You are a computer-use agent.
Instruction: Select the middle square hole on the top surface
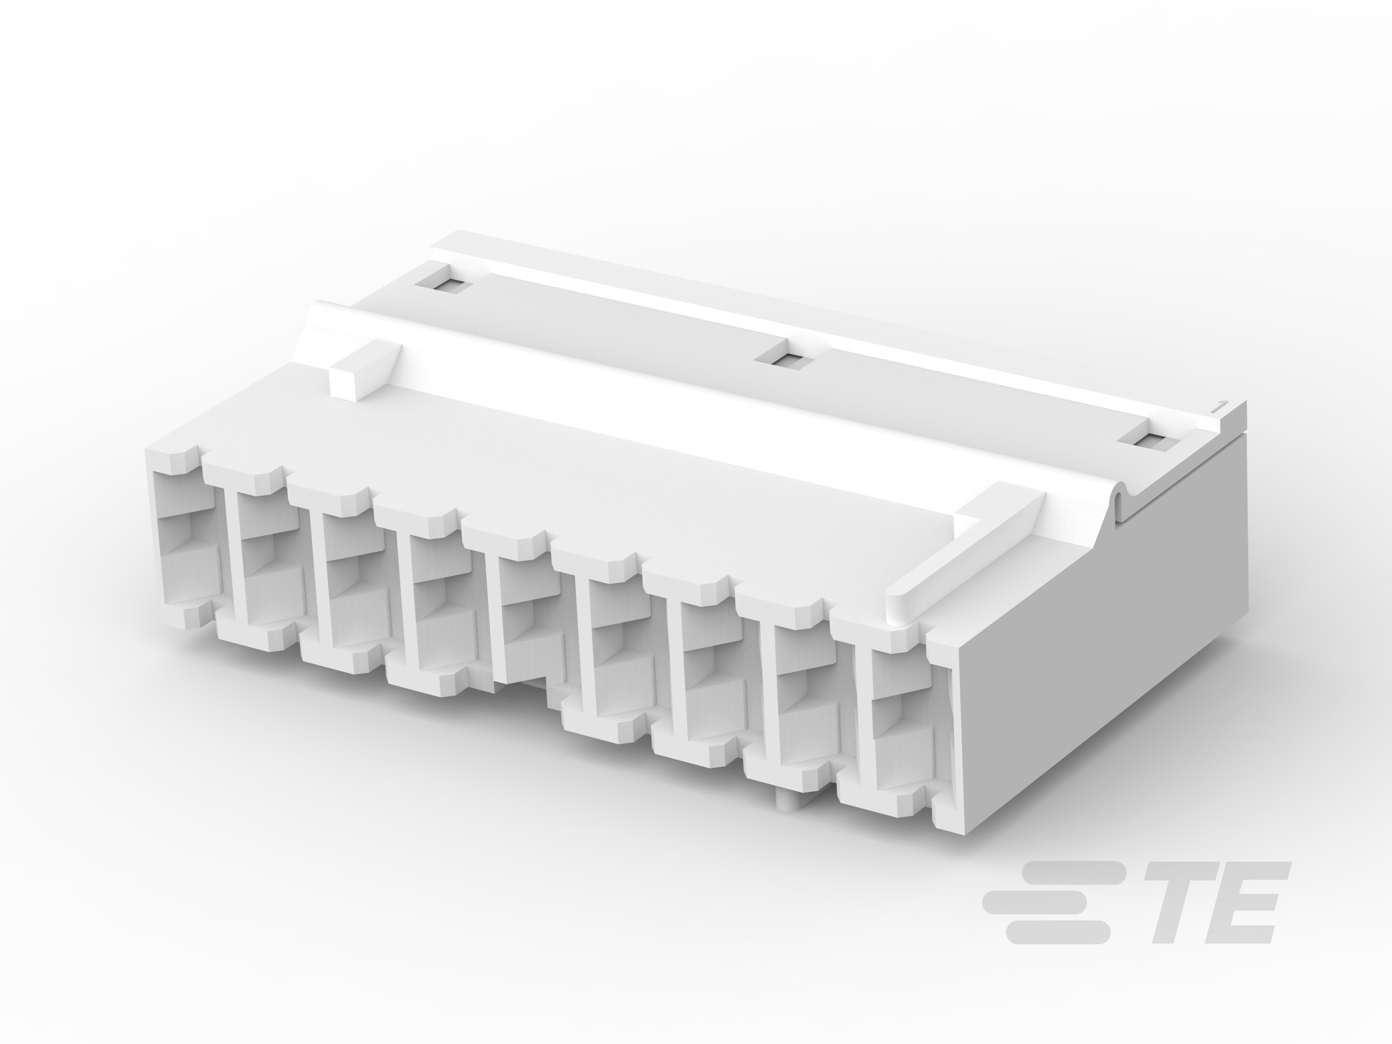coord(784,361)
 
